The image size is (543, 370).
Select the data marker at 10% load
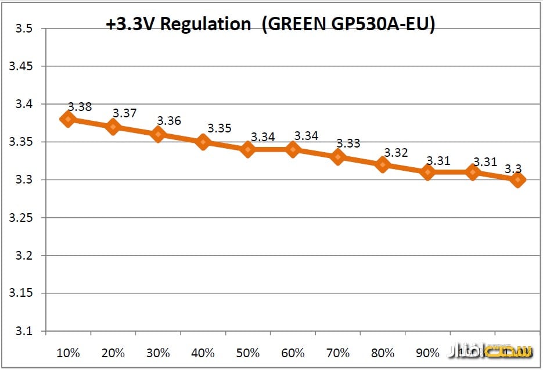point(68,119)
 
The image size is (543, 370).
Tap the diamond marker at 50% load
point(248,149)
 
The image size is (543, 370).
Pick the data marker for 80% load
point(383,164)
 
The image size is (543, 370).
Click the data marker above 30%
point(158,134)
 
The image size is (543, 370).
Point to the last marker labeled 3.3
point(517,179)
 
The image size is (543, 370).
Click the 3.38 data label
point(80,107)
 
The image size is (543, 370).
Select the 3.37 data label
point(124,113)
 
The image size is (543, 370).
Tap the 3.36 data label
point(169,121)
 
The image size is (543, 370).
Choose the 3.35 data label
point(220,128)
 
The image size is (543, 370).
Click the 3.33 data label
point(348,143)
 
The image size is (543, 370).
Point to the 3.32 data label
point(395,153)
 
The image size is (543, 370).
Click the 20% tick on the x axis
point(113,353)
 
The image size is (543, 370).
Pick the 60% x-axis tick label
point(293,353)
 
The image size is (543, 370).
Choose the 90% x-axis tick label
point(428,353)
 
